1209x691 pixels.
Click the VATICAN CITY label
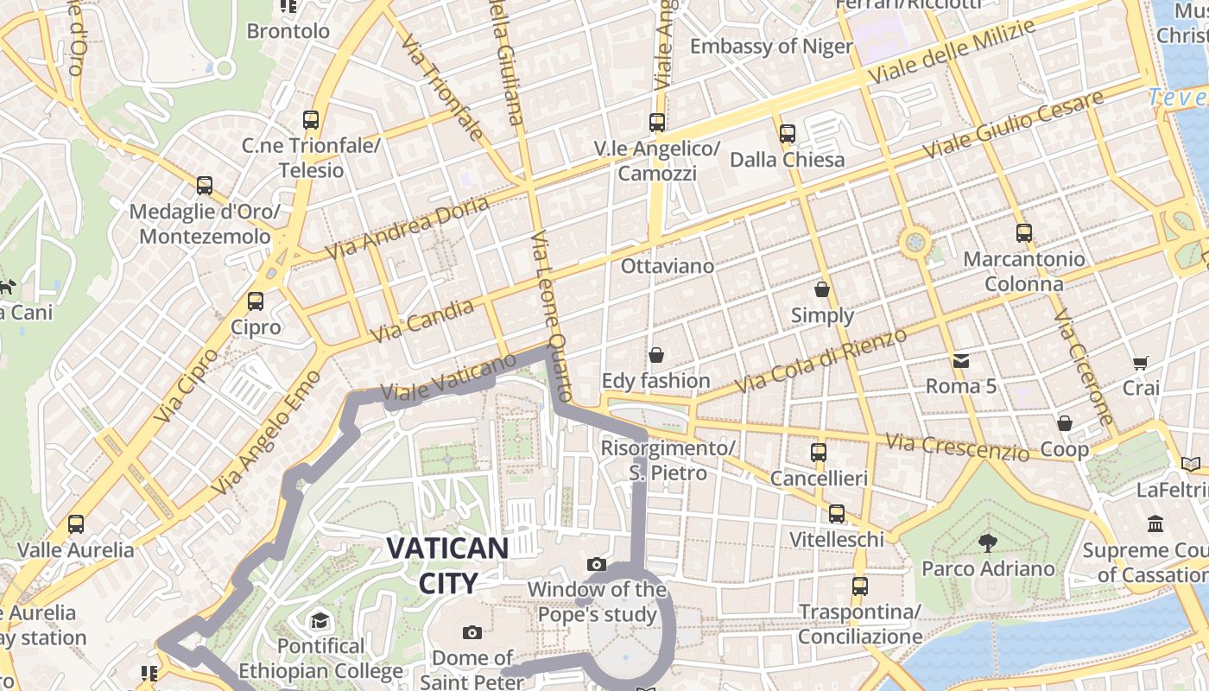pos(447,565)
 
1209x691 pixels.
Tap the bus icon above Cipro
pos(256,301)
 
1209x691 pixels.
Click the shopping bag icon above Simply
pos(822,289)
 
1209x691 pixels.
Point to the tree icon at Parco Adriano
pos(987,542)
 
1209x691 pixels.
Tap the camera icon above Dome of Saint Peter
pos(472,632)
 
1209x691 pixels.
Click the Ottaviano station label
pos(668,266)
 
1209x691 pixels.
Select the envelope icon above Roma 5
pos(960,360)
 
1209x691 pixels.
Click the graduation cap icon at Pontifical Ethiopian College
pos(320,620)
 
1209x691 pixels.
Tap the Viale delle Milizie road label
pos(952,52)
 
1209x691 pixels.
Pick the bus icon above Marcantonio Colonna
pos(1024,232)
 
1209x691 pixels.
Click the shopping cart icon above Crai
pos(1141,364)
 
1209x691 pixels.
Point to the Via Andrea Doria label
pos(408,227)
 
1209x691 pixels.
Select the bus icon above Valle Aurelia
pos(76,523)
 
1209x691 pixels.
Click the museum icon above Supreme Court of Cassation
pos(1155,523)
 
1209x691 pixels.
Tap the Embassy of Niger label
pos(771,46)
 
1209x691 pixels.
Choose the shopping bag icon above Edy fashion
pos(656,355)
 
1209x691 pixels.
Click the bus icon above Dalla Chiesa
pos(788,134)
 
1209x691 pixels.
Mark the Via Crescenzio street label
pos(958,447)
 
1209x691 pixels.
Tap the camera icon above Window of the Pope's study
pos(596,564)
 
